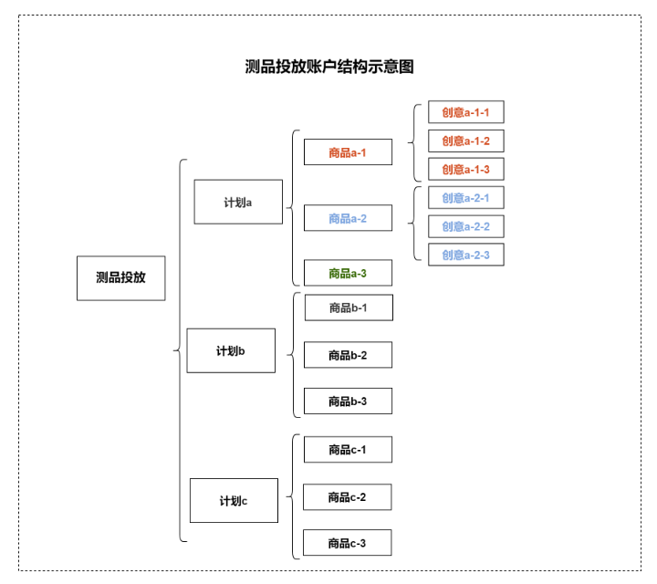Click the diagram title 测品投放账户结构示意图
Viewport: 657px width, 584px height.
[x=329, y=67]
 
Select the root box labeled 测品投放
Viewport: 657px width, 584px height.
[x=120, y=277]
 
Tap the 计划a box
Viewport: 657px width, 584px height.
[x=238, y=202]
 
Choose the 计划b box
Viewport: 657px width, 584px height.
[x=231, y=350]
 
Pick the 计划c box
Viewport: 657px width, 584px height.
[x=234, y=500]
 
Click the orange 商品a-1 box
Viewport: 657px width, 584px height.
[x=348, y=152]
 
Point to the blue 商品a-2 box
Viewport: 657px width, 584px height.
[x=348, y=218]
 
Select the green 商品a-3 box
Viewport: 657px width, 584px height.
[x=348, y=273]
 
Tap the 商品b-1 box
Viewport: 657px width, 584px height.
[x=349, y=308]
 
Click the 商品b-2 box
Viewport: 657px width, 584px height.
[x=348, y=355]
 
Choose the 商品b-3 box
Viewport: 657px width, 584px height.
[x=348, y=401]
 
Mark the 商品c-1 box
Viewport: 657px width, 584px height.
[x=348, y=450]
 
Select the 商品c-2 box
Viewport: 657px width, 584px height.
[x=348, y=497]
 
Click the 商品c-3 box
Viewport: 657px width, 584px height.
[x=348, y=543]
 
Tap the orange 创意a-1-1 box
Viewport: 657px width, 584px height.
[x=466, y=112]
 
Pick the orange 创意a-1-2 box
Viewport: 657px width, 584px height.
[x=466, y=141]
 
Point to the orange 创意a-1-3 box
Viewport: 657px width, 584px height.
[x=466, y=169]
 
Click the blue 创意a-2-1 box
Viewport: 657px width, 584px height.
[x=466, y=197]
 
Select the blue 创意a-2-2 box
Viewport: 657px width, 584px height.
[x=466, y=226]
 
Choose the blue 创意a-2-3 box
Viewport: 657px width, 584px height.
[x=466, y=255]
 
